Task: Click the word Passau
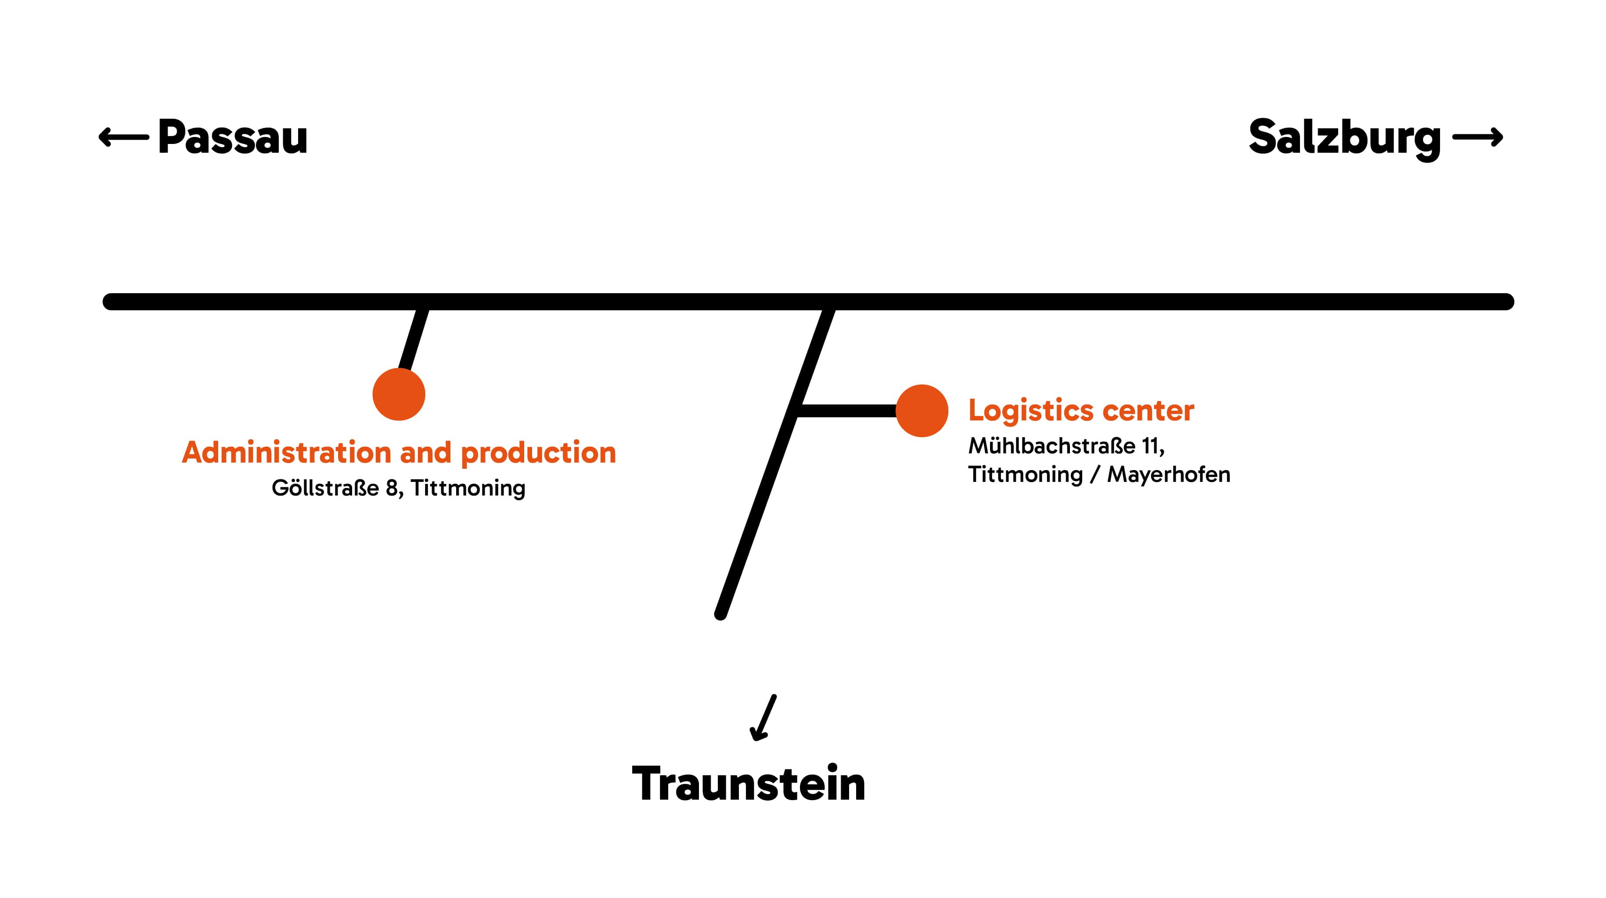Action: [x=233, y=137]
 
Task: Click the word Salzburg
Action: [x=1344, y=138]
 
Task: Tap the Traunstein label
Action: [x=748, y=784]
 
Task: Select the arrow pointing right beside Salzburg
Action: [x=1477, y=137]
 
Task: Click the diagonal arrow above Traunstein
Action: [x=764, y=718]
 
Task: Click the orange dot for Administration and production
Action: [x=399, y=395]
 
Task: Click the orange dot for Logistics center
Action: [x=922, y=411]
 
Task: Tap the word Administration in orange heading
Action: [x=286, y=453]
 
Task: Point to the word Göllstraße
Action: [x=325, y=488]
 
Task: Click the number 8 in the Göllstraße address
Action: [x=392, y=488]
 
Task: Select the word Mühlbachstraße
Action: [x=1051, y=446]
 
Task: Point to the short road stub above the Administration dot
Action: [x=413, y=340]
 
